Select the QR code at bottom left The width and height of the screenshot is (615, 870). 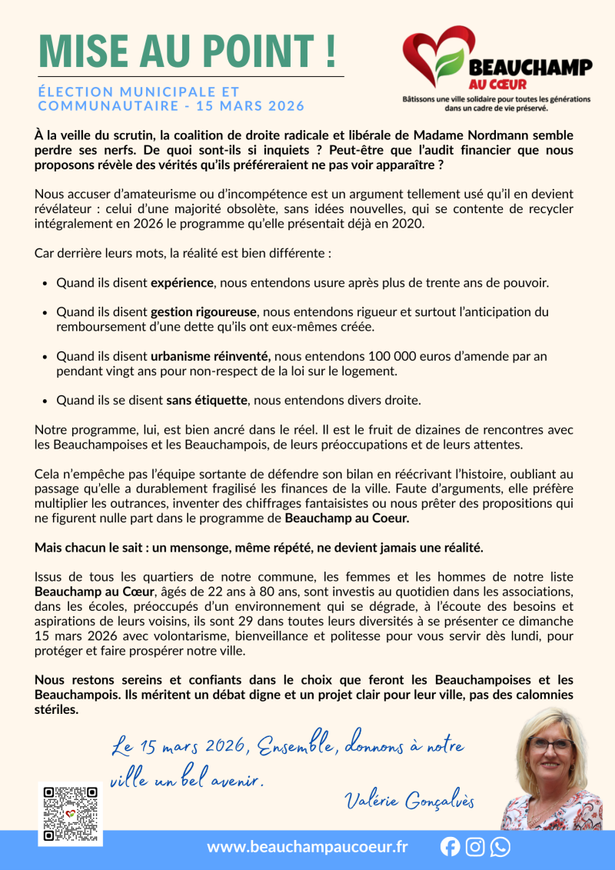click(70, 814)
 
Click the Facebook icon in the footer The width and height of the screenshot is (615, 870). click(450, 847)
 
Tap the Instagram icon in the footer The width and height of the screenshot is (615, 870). click(475, 847)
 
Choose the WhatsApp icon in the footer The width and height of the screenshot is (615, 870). click(500, 847)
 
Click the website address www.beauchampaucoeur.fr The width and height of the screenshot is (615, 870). click(307, 847)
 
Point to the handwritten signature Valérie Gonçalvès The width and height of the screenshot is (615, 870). click(408, 800)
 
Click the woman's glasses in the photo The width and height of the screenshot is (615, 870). click(550, 744)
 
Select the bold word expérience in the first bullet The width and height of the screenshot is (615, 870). click(181, 282)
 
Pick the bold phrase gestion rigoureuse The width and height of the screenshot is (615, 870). click(203, 312)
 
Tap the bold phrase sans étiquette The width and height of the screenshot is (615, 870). click(207, 400)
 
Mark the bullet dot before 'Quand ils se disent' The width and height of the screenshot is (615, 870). click(45, 401)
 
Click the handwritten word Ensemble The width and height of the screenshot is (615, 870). click(295, 747)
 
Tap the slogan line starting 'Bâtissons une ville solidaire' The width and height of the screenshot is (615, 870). click(496, 99)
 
